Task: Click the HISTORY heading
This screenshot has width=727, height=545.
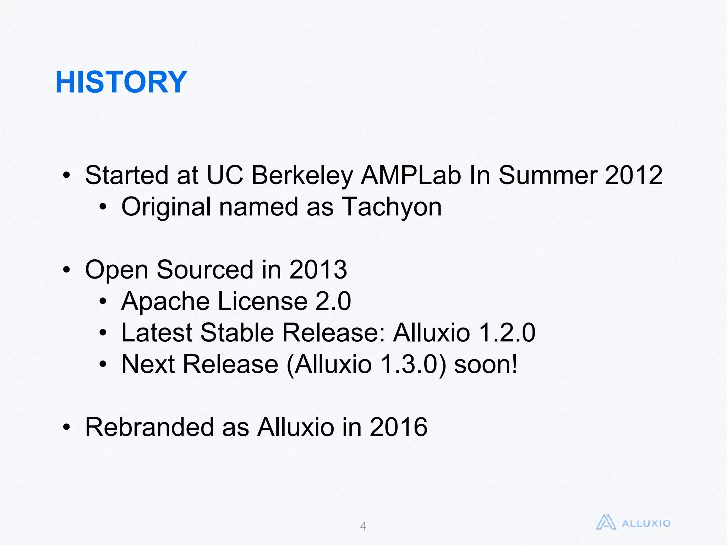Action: coord(121,82)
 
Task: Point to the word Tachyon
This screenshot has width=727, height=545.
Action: coord(392,207)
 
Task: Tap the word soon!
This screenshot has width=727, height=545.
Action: coord(486,364)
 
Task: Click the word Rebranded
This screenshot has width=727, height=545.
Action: coord(149,427)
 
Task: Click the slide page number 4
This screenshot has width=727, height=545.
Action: coord(363,526)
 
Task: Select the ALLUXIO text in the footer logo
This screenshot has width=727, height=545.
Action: coord(646,523)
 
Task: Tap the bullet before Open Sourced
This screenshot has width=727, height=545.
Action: coord(66,270)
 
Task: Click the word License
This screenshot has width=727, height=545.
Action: coord(262,301)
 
